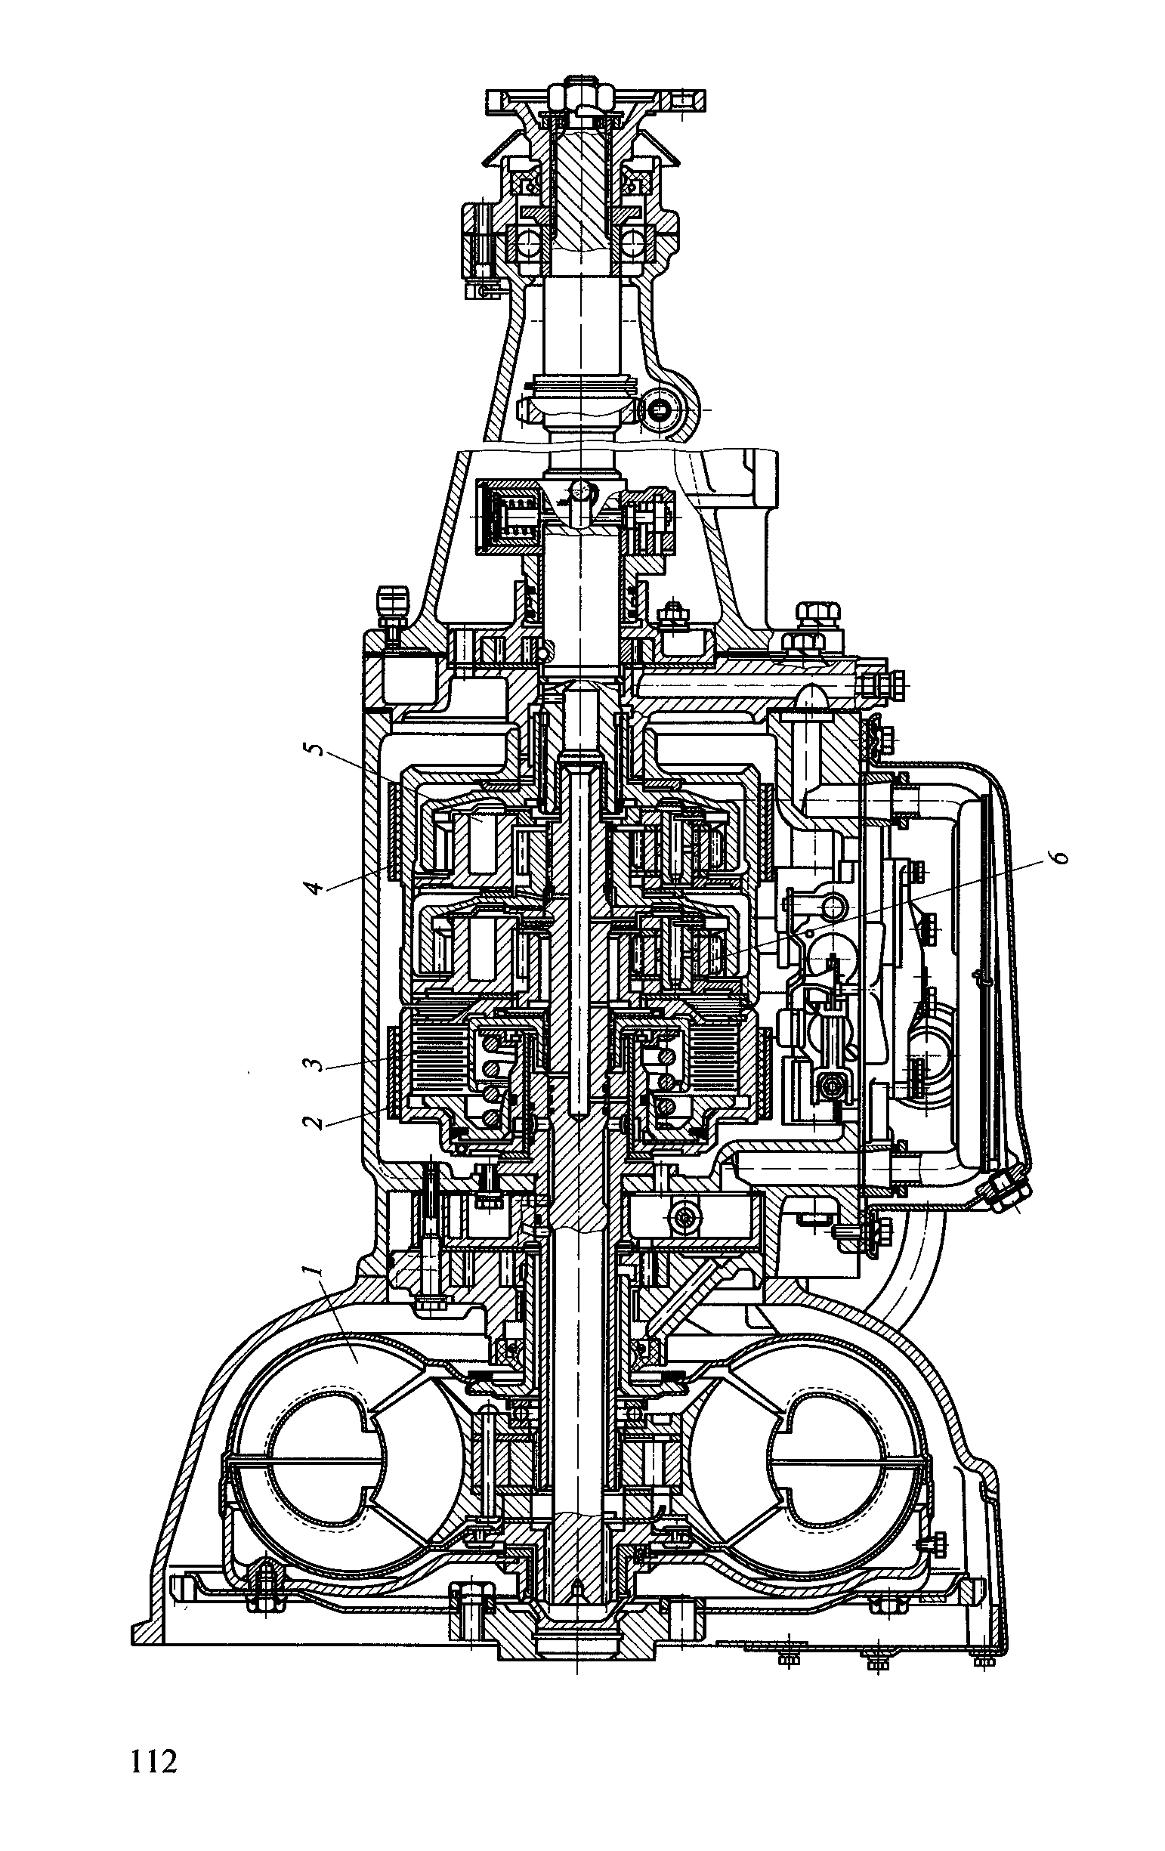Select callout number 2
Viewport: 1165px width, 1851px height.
[x=311, y=1120]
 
